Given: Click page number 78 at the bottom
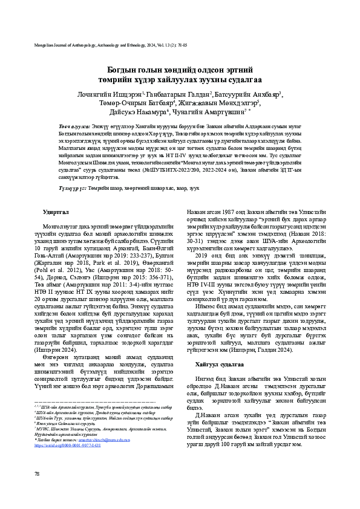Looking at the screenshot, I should coord(38,490).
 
